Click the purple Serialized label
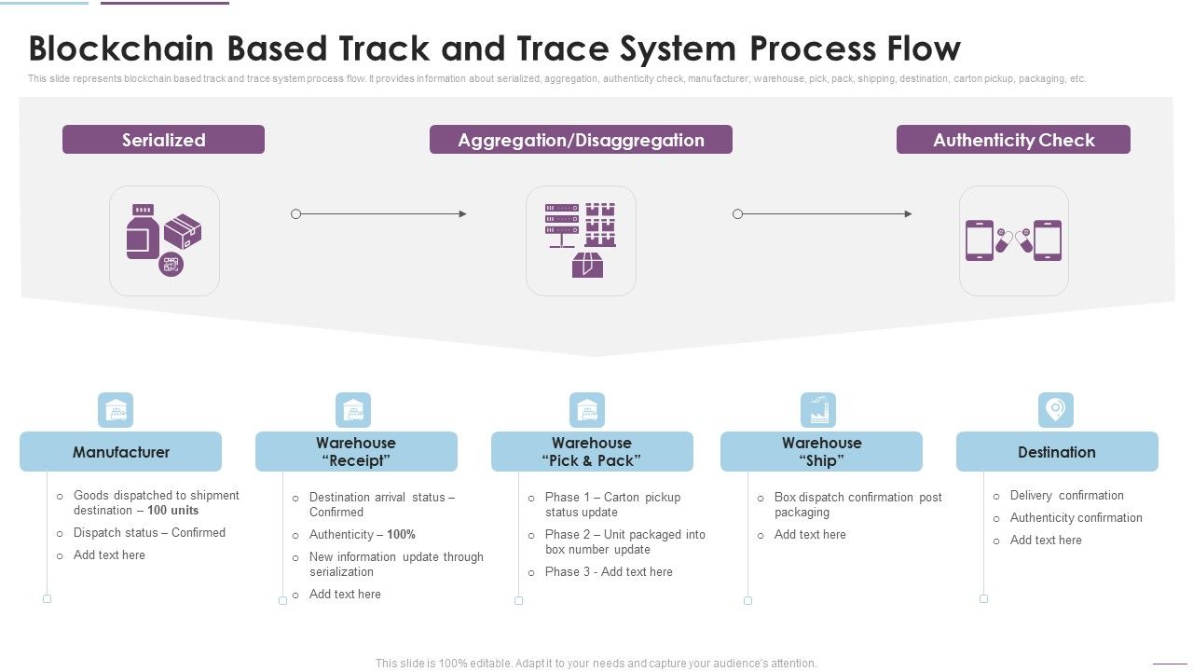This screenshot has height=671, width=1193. pyautogui.click(x=163, y=140)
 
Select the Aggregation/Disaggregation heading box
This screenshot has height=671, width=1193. pyautogui.click(x=581, y=140)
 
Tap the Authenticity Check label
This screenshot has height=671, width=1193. pyautogui.click(x=1013, y=140)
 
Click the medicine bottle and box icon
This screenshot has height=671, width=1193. pyautogui.click(x=164, y=240)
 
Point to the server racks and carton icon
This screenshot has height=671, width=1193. pyautogui.click(x=581, y=240)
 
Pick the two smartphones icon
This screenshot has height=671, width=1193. pyautogui.click(x=1013, y=240)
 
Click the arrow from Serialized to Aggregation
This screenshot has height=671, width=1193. pyautogui.click(x=379, y=214)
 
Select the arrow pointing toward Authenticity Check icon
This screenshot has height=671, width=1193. pyautogui.click(x=824, y=214)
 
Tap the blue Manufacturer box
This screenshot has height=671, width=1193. pyautogui.click(x=121, y=452)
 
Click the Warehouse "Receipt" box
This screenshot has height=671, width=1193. pyautogui.click(x=356, y=452)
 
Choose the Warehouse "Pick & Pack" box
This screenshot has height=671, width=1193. pyautogui.click(x=592, y=452)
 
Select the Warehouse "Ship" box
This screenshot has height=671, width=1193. pyautogui.click(x=821, y=452)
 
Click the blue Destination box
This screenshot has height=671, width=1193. pyautogui.click(x=1057, y=452)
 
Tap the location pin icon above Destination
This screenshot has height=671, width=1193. pyautogui.click(x=1056, y=409)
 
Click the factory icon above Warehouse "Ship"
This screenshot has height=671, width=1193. pyautogui.click(x=818, y=409)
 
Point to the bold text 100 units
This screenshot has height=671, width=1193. pyautogui.click(x=172, y=511)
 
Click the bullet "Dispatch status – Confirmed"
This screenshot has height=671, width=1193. pyautogui.click(x=149, y=533)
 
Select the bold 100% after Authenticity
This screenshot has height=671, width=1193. pyautogui.click(x=401, y=535)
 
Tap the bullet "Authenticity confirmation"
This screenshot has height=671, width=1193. pyautogui.click(x=1076, y=518)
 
